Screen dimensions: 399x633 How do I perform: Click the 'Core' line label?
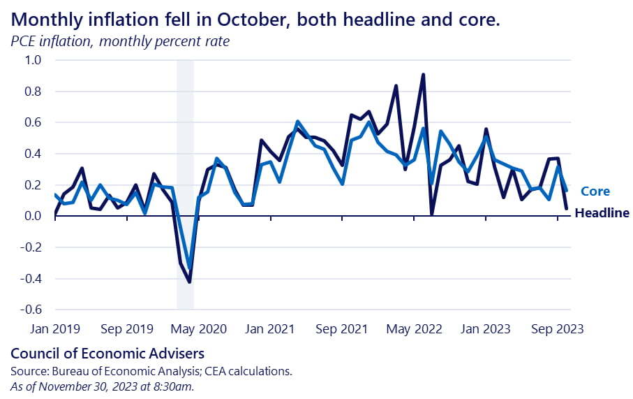click(595, 191)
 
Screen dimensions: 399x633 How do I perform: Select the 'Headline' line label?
click(602, 213)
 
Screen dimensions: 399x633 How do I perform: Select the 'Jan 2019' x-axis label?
click(55, 328)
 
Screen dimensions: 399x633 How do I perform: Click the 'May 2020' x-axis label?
click(198, 328)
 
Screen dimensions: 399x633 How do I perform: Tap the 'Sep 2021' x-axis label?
click(341, 328)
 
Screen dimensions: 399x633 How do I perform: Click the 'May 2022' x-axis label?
click(413, 328)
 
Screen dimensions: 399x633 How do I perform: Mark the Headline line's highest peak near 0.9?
click(423, 74)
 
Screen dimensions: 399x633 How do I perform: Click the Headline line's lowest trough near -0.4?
click(189, 282)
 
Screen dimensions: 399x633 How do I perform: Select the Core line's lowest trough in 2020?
click(189, 268)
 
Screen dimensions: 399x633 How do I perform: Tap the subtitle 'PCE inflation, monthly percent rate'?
click(120, 41)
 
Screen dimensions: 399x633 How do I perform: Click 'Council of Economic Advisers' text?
click(107, 354)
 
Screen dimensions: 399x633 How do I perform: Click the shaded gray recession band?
click(185, 140)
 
